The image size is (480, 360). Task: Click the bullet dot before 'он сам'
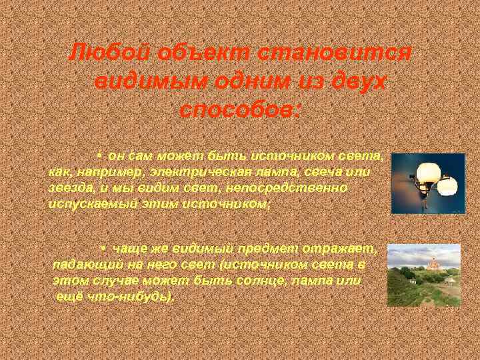tap(98, 156)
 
